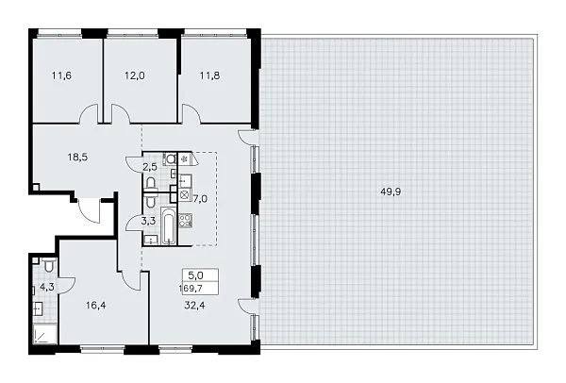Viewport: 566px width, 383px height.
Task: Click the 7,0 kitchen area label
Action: (199, 199)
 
